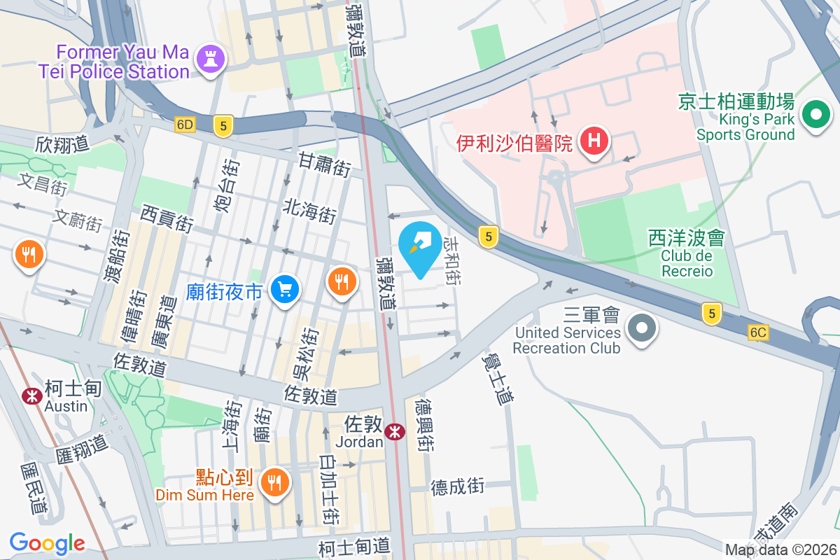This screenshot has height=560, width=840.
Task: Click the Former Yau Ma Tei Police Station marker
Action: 210,59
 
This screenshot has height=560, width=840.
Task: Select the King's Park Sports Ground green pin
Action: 815,115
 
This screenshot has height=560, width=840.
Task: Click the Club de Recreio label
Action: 686,263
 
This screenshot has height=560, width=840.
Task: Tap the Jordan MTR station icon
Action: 395,432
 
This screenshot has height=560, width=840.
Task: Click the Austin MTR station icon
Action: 31,396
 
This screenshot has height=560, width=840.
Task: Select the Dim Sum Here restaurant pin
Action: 275,482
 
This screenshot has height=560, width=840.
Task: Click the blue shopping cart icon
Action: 285,289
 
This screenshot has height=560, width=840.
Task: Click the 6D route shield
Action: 185,125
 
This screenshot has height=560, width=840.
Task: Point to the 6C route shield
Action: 757,333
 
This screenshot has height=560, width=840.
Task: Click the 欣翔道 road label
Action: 63,145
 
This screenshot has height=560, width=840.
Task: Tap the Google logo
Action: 48,542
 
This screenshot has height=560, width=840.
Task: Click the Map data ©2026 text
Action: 780,550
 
